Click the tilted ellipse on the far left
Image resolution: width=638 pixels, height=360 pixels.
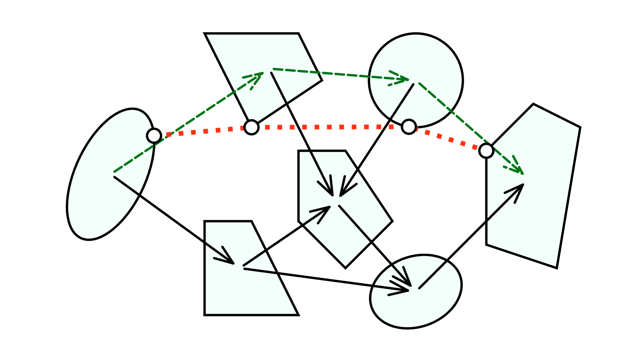pyautogui.click(x=103, y=192)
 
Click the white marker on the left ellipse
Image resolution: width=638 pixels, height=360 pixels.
pyautogui.click(x=154, y=136)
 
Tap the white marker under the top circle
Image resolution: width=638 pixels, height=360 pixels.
pyautogui.click(x=409, y=127)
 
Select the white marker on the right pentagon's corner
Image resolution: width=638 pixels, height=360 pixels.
pyautogui.click(x=486, y=151)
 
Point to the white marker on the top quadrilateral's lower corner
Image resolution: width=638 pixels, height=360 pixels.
pyautogui.click(x=251, y=127)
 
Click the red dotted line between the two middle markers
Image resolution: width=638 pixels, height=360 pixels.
pyautogui.click(x=329, y=127)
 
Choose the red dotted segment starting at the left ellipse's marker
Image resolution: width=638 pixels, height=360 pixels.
pyautogui.click(x=202, y=131)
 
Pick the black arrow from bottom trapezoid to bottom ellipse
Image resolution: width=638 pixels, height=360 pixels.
pyautogui.click(x=326, y=279)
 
